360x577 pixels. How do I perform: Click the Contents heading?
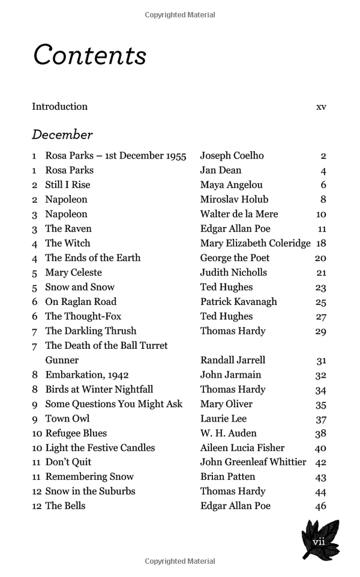[90, 55]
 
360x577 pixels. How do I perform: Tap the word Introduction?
[59, 107]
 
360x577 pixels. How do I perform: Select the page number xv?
[321, 107]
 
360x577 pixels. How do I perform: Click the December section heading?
[62, 134]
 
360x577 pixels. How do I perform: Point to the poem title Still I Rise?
[67, 185]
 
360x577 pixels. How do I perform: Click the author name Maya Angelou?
[231, 185]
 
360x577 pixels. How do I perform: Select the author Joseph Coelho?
[232, 156]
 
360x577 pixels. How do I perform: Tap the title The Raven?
[68, 229]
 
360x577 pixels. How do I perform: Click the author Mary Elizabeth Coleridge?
[255, 243]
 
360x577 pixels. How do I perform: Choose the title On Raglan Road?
[81, 301]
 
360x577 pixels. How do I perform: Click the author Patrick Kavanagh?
[238, 301]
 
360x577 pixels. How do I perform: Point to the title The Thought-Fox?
[83, 316]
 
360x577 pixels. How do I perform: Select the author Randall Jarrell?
[232, 360]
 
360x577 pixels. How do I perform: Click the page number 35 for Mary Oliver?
[320, 405]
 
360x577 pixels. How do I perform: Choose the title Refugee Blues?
[76, 433]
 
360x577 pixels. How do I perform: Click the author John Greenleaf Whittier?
[253, 462]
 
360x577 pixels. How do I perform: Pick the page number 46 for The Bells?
[320, 506]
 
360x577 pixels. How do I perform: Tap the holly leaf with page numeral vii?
[320, 540]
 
